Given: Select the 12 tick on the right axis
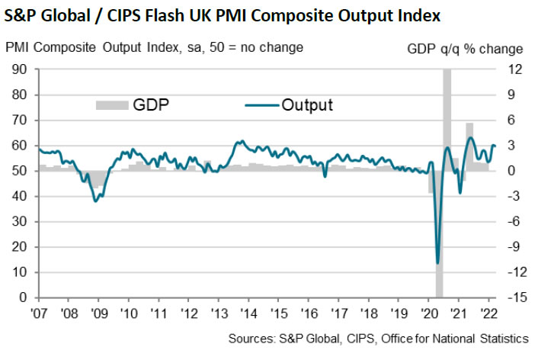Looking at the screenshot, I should pos(516,69).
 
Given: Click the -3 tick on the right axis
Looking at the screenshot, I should pos(512,196).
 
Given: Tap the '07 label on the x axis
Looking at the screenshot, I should pos(39,312).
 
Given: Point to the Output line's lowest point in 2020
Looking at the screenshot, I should pos(437,263).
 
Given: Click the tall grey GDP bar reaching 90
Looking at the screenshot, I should pos(447,114).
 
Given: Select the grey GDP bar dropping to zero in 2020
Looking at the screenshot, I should pos(439,244).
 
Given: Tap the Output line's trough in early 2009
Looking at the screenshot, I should pos(95,201).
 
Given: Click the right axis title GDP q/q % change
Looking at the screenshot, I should pos(466,48).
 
